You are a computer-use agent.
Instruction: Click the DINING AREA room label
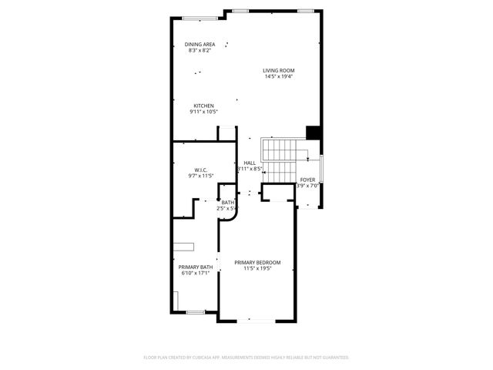pyautogui.click(x=200, y=44)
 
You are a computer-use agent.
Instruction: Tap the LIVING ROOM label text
pyautogui.click(x=279, y=70)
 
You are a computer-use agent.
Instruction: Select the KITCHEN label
pyautogui.click(x=203, y=106)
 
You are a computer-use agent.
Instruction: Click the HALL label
pyautogui.click(x=250, y=163)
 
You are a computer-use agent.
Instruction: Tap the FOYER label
pyautogui.click(x=307, y=180)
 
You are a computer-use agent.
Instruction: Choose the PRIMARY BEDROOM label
pyautogui.click(x=257, y=262)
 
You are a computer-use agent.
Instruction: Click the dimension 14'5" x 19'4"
pyautogui.click(x=279, y=76)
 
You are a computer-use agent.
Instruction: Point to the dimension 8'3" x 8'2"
pyautogui.click(x=200, y=50)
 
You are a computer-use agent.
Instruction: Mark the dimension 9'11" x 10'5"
pyautogui.click(x=203, y=112)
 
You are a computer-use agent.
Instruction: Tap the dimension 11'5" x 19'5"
pyautogui.click(x=257, y=268)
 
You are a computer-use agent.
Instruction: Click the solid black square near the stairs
pyautogui.click(x=313, y=132)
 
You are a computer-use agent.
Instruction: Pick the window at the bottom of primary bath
pyautogui.click(x=196, y=311)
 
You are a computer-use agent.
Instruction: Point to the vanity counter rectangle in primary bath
pyautogui.click(x=183, y=246)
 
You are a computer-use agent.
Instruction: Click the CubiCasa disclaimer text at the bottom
pyautogui.click(x=246, y=358)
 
